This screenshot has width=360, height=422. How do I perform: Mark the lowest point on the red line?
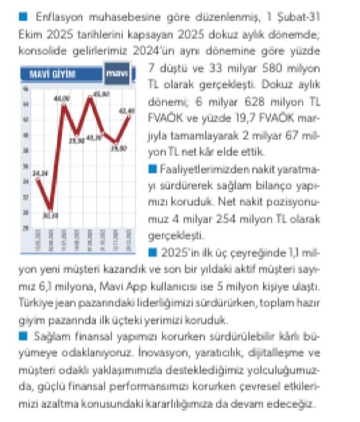coord(50,209)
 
